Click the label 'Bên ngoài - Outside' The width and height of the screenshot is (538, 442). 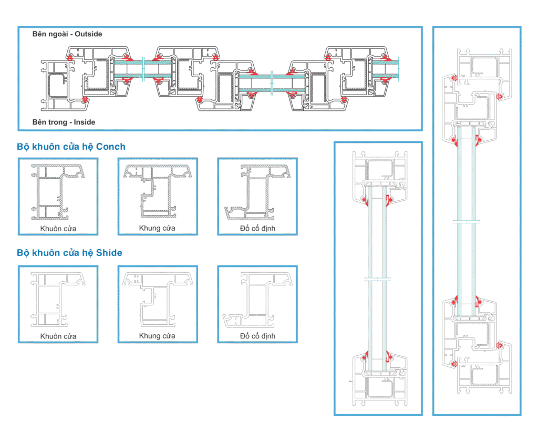pos(67,34)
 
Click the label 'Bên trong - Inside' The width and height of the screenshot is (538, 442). pos(64,122)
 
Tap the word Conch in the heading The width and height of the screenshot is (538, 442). pos(111,147)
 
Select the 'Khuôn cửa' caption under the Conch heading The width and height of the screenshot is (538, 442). pos(58,229)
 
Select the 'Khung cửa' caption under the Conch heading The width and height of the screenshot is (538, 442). pos(157,228)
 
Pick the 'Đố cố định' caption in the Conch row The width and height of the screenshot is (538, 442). pos(257,229)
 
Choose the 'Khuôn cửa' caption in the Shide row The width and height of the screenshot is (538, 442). pos(58,336)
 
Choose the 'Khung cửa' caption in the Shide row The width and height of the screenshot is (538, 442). pos(157,336)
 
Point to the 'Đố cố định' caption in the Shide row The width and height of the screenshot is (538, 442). pos(257,336)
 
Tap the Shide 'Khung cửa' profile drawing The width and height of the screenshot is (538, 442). pos(157,299)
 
